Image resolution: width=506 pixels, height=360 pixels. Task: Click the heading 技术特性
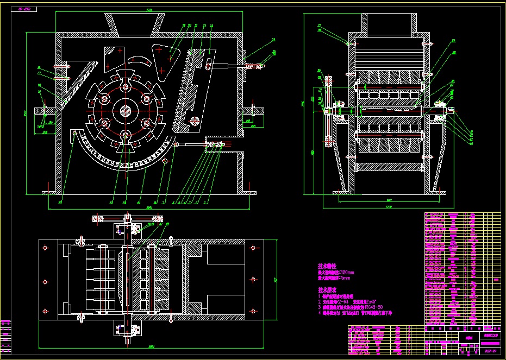point(327,267)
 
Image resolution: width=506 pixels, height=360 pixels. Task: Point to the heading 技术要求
point(327,290)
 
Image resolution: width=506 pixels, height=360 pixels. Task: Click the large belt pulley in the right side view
point(328,111)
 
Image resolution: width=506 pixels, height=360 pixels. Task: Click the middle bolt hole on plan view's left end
point(45,281)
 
